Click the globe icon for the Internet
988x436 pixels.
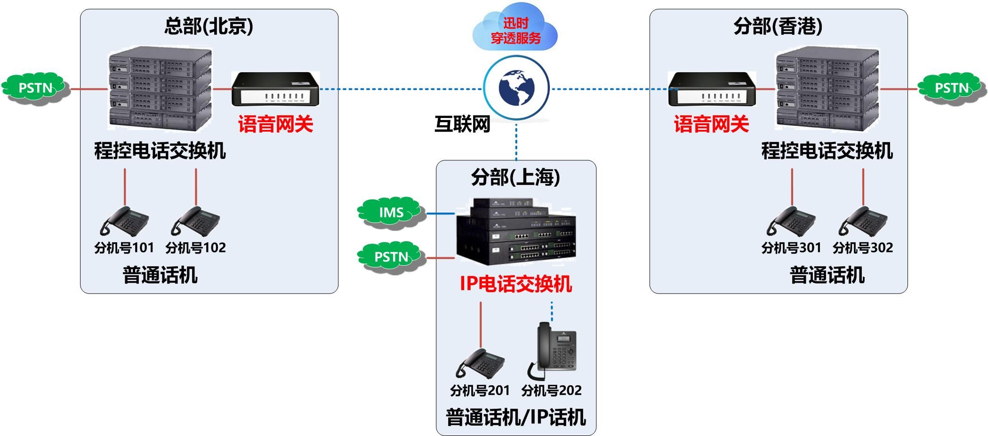coord(516,88)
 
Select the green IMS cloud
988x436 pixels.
coord(390,212)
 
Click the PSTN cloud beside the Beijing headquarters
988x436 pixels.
coord(35,88)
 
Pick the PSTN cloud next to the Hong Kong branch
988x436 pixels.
coord(951,88)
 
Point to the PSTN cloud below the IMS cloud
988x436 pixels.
coord(391,257)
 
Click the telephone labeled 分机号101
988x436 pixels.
coord(124,221)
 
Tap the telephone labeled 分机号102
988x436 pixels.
coord(195,221)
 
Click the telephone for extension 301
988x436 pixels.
coord(791,221)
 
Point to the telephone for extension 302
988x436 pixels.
coord(862,221)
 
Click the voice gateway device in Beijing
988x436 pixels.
coord(275,89)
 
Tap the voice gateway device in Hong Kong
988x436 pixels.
coord(712,89)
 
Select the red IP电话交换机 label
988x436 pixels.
coord(516,284)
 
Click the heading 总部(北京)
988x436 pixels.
coord(209,26)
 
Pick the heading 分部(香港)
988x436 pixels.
coord(778,26)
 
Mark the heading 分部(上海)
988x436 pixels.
coord(515,177)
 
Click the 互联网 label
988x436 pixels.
coord(462,124)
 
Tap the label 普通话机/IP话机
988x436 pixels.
coord(516,417)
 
